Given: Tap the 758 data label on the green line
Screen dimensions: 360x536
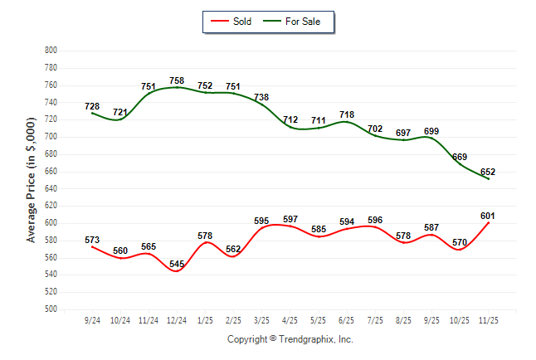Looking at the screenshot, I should click(x=176, y=80).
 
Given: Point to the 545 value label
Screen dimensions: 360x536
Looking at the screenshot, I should click(x=176, y=265).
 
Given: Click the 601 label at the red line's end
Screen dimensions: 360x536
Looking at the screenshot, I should click(x=488, y=216).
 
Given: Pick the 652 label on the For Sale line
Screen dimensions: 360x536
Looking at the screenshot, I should click(x=488, y=173).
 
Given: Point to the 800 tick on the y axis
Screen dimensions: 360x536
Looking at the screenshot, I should click(x=50, y=51).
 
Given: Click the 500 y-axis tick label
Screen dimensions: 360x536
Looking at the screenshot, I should click(x=50, y=309).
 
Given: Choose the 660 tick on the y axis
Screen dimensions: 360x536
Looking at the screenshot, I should click(x=50, y=171).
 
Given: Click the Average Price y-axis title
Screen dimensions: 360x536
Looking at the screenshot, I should click(x=32, y=179).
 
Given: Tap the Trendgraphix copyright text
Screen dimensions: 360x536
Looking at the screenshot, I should click(x=290, y=339).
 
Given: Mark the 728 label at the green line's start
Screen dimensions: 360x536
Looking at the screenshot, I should click(x=92, y=106).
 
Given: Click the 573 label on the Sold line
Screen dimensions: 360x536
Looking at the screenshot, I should click(x=92, y=241).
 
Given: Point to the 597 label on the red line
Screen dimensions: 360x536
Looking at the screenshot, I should click(x=290, y=219).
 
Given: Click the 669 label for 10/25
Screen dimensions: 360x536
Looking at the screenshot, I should click(x=459, y=157).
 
